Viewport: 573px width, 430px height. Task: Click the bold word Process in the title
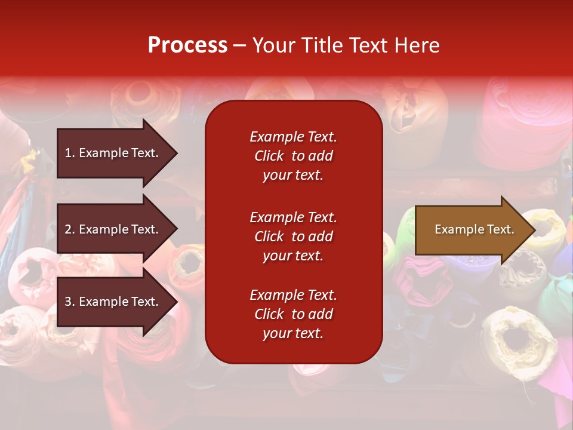(187, 45)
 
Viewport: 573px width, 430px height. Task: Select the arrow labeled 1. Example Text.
(113, 153)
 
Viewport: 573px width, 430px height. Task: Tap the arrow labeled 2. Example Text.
(113, 229)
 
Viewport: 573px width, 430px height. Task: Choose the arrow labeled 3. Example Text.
(113, 302)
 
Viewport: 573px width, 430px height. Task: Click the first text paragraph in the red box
(293, 156)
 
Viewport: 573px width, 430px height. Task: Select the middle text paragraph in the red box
(293, 236)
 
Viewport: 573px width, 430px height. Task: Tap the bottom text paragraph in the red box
(293, 314)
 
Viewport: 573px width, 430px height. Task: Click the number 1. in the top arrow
(70, 153)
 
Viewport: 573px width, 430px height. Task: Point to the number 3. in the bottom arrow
(70, 302)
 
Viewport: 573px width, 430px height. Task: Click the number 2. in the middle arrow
(70, 229)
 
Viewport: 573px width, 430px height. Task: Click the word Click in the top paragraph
(269, 156)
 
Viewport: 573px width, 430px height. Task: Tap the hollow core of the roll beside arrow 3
(190, 263)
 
